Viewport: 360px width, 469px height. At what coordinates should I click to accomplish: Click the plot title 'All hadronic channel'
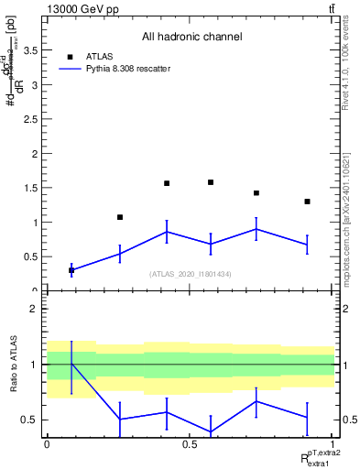pos(191,38)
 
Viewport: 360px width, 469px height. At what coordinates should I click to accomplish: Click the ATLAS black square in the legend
pos(71,56)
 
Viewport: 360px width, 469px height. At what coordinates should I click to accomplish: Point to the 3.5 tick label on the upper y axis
pos(29,51)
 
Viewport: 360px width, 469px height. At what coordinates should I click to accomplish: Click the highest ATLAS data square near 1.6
pos(211,182)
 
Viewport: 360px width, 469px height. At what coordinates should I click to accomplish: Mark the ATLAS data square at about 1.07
pos(119,217)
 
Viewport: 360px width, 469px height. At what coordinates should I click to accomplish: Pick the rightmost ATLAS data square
pos(307,202)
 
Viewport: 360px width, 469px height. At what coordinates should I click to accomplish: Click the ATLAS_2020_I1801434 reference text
pos(191,274)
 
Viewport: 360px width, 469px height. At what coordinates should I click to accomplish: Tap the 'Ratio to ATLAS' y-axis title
pos(13,366)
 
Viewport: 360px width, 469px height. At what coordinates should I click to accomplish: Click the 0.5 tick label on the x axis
pos(190,444)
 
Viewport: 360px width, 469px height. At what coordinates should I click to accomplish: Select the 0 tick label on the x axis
pos(47,444)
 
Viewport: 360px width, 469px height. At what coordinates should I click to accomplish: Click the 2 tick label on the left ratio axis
pos(32,309)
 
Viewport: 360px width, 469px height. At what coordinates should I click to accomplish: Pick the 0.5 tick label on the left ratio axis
pos(29,420)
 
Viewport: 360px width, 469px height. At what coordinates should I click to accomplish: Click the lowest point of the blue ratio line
pos(211,431)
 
